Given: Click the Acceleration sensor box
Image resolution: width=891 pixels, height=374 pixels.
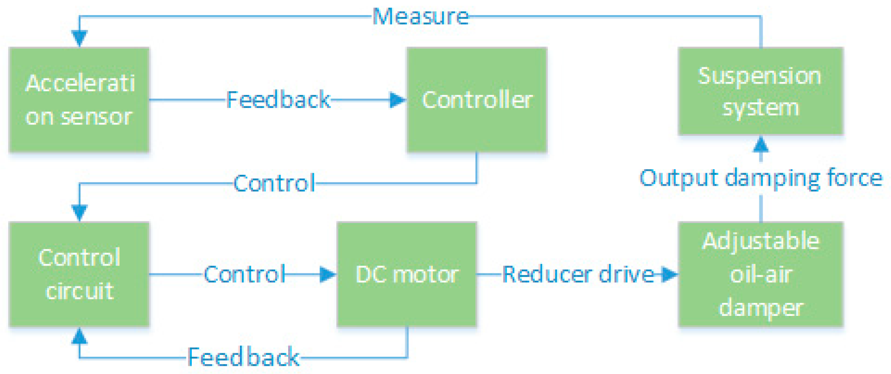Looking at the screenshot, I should (79, 100).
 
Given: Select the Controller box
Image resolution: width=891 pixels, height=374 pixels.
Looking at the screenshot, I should (477, 100).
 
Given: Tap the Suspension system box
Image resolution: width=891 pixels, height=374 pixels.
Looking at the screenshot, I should (760, 91).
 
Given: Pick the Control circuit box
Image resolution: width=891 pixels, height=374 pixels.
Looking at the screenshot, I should (79, 274).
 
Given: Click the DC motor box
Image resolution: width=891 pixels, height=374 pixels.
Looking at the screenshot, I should (407, 274).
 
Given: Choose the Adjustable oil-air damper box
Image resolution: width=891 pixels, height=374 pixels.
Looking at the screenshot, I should (760, 274).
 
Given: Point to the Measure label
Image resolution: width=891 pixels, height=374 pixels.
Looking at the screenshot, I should (420, 17).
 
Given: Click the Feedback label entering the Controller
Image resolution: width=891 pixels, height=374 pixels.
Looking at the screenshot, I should (278, 100).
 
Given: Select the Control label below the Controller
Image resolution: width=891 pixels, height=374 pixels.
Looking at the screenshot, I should (274, 183).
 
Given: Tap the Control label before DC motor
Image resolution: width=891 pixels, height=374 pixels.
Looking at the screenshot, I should (244, 274).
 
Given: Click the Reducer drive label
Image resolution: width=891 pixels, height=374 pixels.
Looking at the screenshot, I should (578, 274).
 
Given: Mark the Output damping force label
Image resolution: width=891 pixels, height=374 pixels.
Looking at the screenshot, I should (760, 178).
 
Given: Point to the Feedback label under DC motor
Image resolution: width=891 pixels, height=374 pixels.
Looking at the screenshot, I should (243, 357).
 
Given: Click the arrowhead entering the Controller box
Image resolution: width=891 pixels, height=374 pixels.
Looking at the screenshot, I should (398, 100).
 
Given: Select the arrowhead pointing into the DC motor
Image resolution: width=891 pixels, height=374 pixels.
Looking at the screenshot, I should (328, 274).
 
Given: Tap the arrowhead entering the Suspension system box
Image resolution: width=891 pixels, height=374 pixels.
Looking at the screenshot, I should (760, 144).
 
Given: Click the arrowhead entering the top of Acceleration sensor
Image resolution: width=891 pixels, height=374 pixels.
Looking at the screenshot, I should (79, 38).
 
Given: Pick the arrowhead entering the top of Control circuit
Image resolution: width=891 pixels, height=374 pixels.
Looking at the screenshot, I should (79, 213).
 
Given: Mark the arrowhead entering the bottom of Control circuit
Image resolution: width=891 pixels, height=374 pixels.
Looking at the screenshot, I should (79, 336).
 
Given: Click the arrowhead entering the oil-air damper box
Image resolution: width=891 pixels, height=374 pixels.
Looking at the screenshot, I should (669, 274).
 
